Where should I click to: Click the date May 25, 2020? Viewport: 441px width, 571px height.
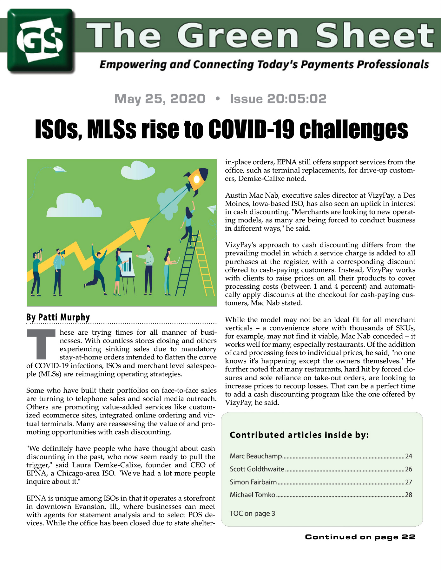coord(160,99)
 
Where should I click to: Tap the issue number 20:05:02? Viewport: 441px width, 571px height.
coord(297,99)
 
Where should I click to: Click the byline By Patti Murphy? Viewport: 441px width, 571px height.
coord(58,317)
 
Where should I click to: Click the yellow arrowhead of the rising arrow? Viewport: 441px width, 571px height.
coord(140,226)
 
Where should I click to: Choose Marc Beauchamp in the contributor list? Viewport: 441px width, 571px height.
coord(256,456)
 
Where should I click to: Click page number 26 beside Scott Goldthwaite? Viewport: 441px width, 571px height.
coord(408,469)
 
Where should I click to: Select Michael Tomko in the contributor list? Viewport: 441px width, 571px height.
coord(253,495)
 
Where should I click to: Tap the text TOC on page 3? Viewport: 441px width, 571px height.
coord(252,513)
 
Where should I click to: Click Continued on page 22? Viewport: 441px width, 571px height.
coord(360,537)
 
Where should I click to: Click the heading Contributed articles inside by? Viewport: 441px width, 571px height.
coord(299,435)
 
